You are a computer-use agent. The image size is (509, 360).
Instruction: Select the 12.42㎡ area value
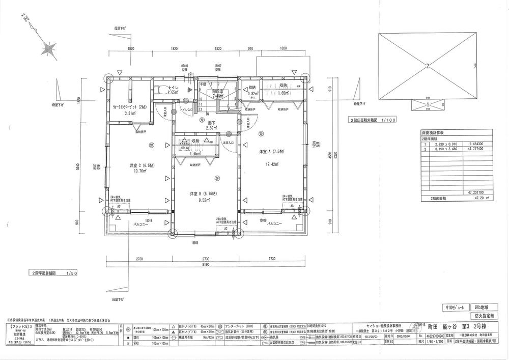[270, 164]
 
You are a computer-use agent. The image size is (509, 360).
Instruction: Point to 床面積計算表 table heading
[433, 131]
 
